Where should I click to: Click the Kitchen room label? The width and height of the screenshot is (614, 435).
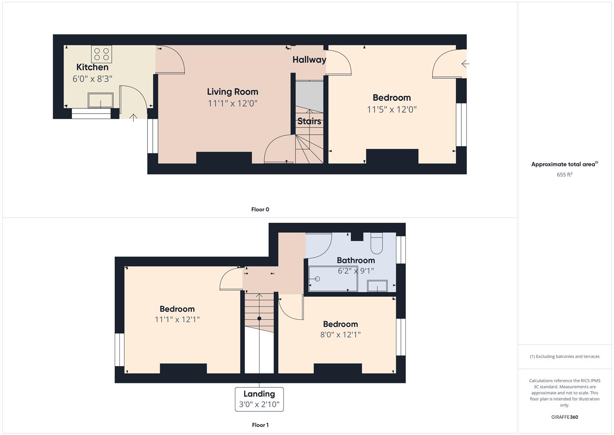pos(92,67)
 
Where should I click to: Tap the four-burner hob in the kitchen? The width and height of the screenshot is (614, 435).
pos(101,54)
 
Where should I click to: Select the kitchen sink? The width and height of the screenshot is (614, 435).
pos(101,100)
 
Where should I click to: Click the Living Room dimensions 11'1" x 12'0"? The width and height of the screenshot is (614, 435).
pos(232,104)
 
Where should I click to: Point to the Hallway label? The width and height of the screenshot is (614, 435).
pos(309,60)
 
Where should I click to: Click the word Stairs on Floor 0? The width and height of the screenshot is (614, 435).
pos(309,121)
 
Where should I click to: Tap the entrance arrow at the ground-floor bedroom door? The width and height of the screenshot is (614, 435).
pos(466,64)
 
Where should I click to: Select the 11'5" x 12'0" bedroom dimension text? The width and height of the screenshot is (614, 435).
pos(392,110)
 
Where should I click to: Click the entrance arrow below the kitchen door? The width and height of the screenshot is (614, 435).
pos(133,118)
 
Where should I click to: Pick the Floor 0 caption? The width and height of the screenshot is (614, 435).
pos(260,209)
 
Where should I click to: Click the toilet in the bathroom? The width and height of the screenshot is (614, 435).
pos(377,243)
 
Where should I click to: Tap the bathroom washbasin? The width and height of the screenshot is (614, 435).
pos(377,286)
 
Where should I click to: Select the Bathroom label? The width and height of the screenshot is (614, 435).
pos(356,260)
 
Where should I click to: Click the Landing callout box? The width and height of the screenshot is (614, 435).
pos(259,399)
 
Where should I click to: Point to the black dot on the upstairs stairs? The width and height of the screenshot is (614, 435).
pos(259,318)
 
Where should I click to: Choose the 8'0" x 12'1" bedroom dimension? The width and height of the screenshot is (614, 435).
pos(341,334)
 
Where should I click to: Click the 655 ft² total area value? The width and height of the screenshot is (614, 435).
pos(565,175)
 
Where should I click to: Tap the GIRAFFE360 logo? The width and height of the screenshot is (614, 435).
pos(565,417)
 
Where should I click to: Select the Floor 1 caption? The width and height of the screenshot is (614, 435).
pos(260,425)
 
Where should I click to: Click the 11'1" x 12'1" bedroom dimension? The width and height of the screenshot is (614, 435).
pos(177,319)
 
